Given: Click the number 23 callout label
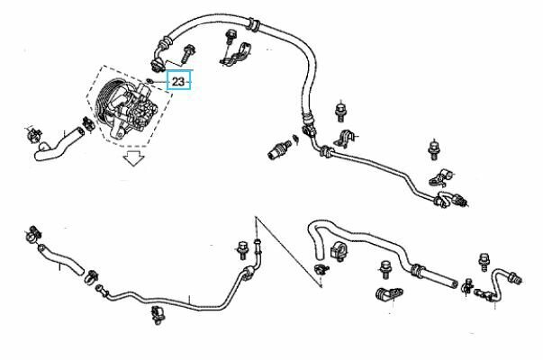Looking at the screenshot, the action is [x=178, y=82].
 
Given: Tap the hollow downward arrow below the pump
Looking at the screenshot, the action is [x=134, y=158].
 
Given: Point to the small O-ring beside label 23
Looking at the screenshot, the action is [x=149, y=81].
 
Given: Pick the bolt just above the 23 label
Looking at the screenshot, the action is [x=188, y=53].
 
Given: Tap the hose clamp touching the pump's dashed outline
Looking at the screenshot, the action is [x=88, y=124].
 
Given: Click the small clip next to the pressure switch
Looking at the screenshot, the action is [x=295, y=139].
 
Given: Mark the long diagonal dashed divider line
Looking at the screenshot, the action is [x=289, y=252].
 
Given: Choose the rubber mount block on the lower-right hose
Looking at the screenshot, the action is [x=339, y=251].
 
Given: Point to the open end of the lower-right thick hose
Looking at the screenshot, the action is [x=453, y=283].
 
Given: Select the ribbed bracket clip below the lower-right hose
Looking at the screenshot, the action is [x=389, y=293].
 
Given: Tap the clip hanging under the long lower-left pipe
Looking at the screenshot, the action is [x=158, y=315].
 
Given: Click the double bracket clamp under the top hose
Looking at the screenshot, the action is [x=236, y=55].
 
